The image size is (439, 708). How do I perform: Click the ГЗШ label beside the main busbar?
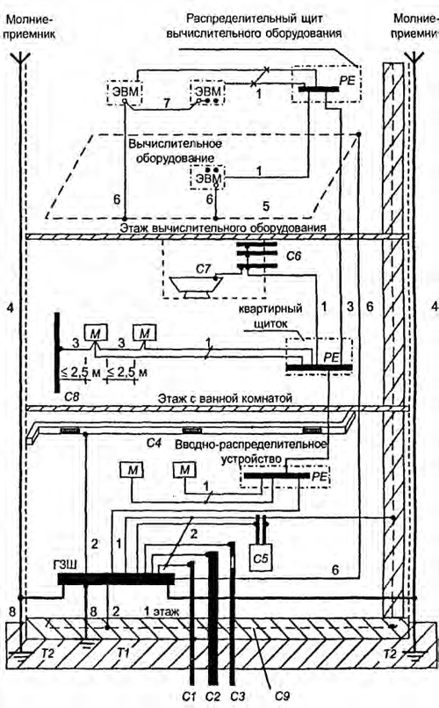(66, 565)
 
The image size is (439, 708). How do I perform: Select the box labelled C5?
(260, 559)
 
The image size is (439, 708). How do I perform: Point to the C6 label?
(293, 256)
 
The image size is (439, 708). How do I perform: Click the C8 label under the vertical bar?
(72, 397)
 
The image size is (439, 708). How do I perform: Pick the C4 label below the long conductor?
(154, 443)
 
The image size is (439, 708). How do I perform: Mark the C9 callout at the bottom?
(282, 697)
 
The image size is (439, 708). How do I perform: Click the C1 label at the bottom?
(189, 697)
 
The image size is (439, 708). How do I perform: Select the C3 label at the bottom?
(237, 697)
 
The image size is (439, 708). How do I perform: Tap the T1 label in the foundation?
(123, 653)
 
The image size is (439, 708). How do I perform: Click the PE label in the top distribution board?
(348, 81)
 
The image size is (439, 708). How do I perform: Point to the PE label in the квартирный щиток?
(331, 358)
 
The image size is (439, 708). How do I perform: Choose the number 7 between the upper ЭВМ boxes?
(167, 104)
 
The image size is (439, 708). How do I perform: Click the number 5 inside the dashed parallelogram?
(266, 206)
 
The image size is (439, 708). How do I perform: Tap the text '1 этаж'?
(161, 612)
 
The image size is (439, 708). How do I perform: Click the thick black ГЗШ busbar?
(116, 578)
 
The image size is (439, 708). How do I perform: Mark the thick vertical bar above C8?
(57, 352)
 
